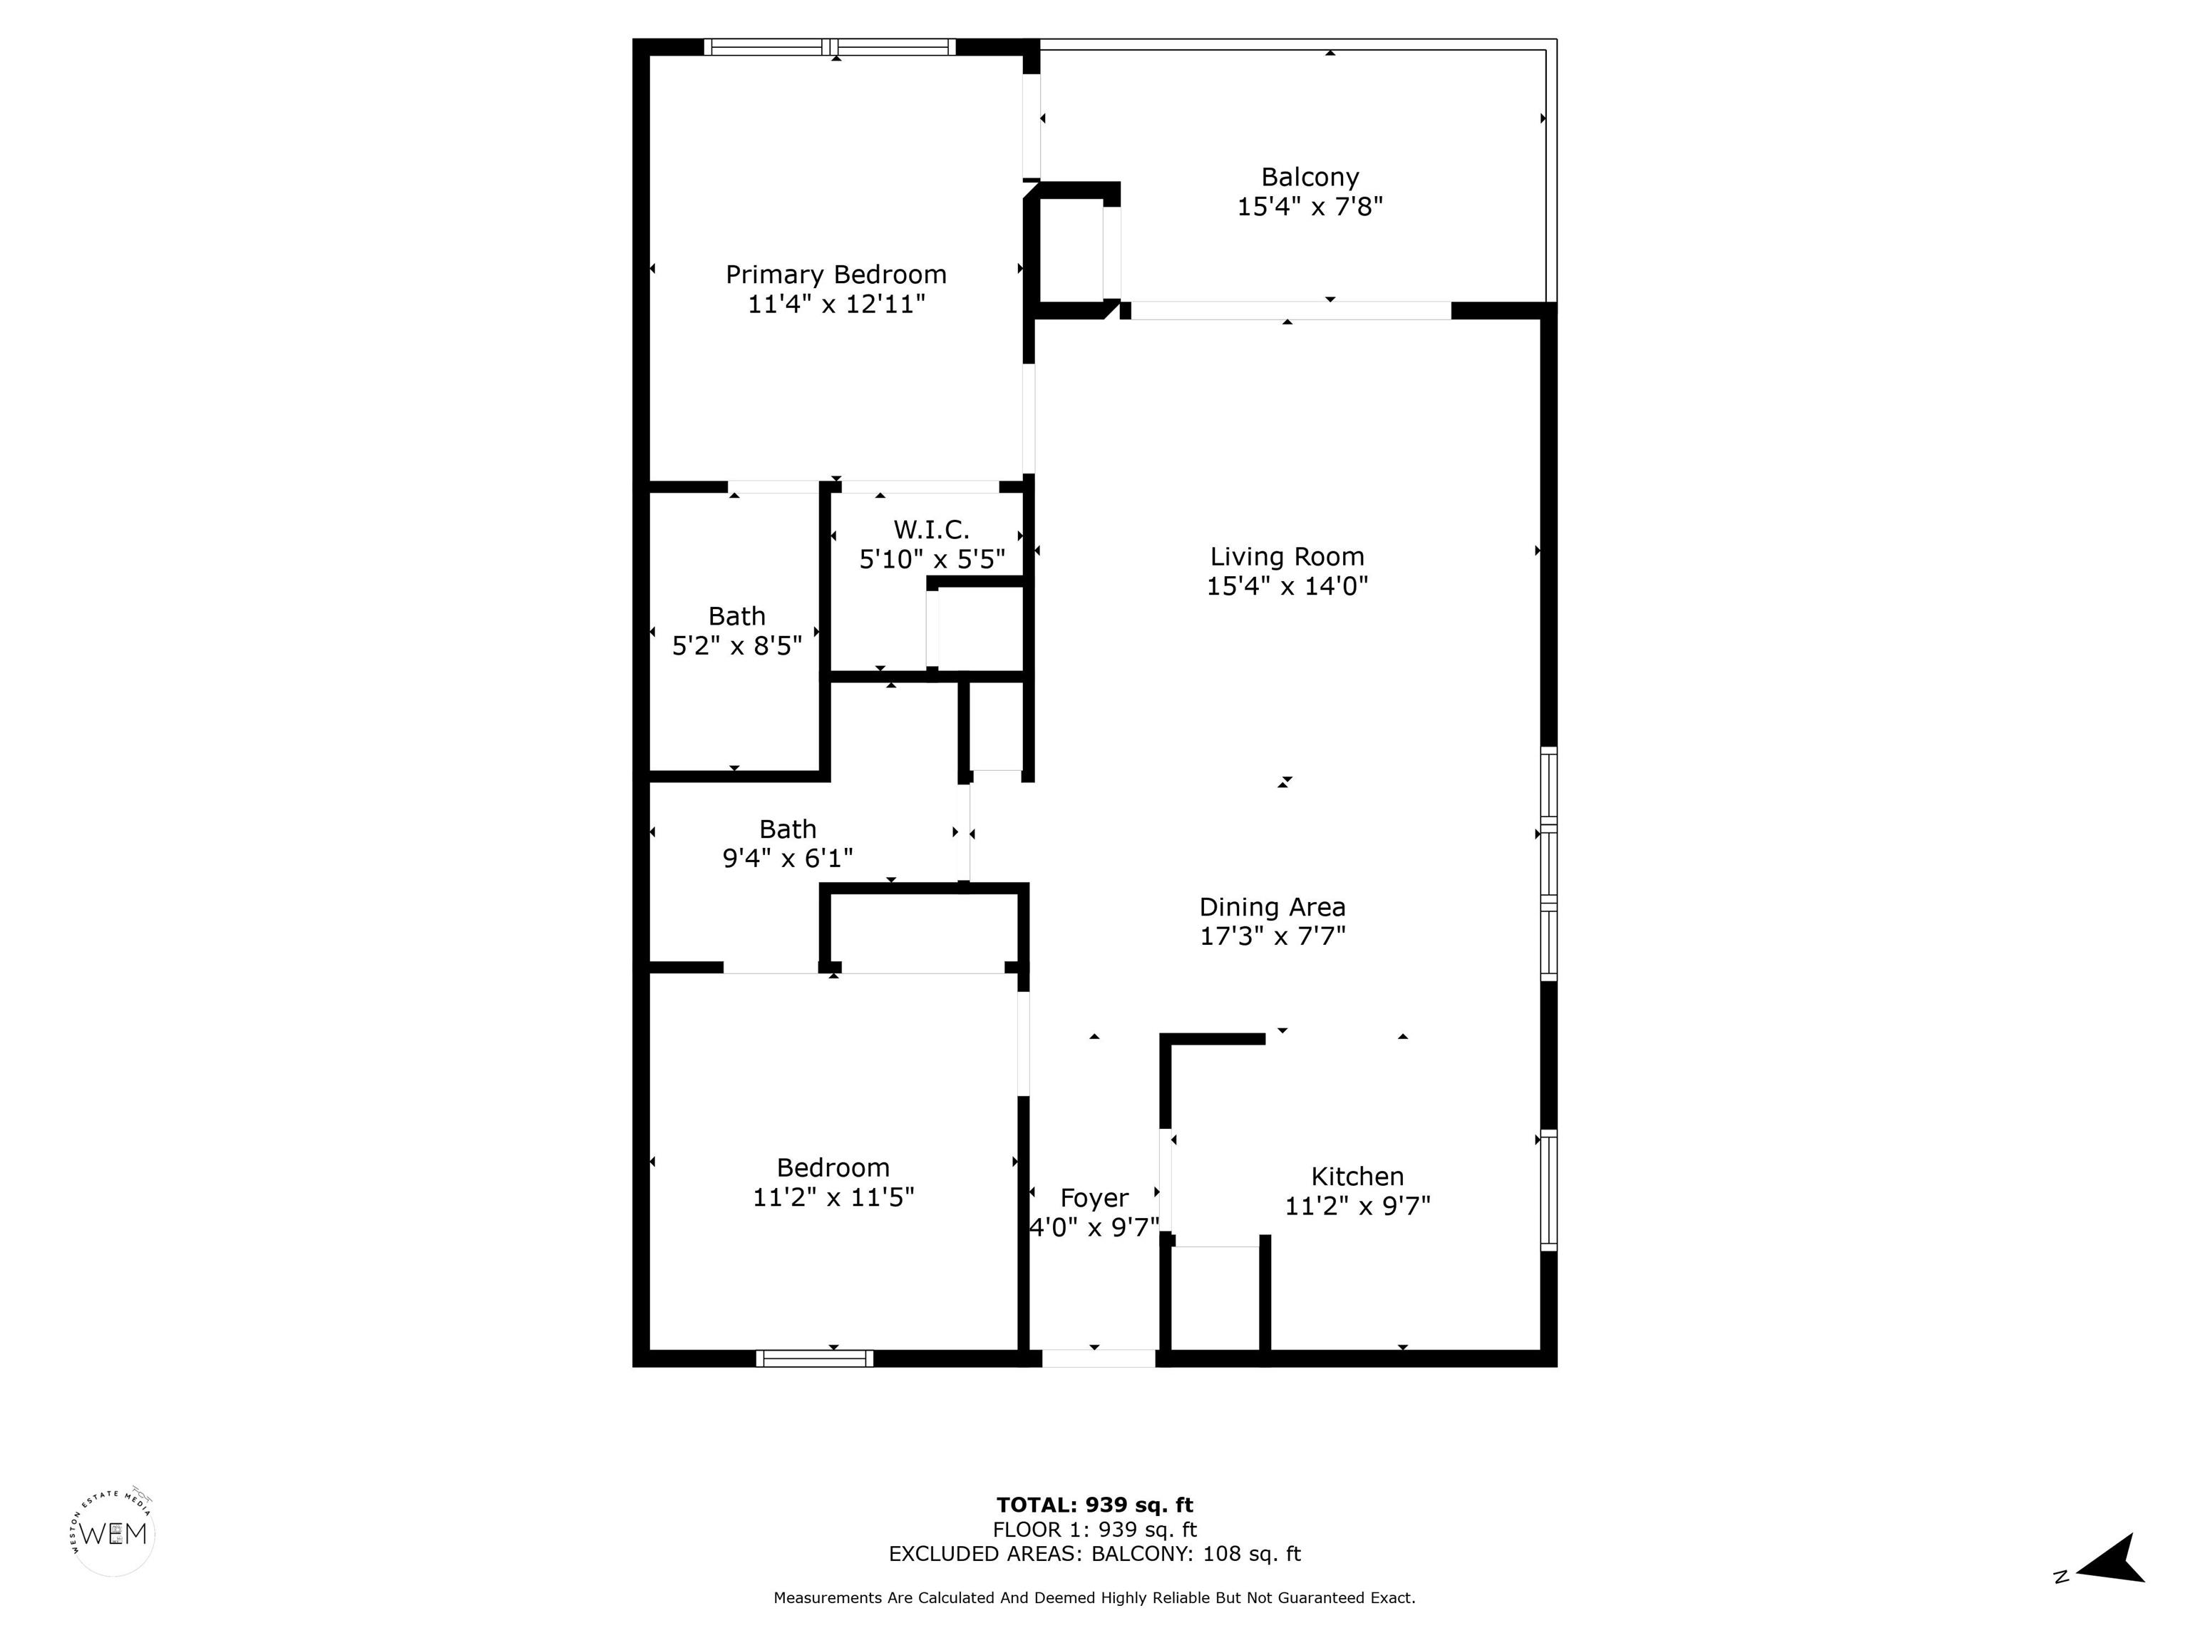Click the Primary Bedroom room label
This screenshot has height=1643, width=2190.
click(x=836, y=275)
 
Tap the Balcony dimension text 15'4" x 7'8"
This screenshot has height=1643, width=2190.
click(x=1310, y=206)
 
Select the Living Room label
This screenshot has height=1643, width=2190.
click(x=1287, y=556)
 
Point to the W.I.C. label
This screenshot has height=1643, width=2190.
click(x=932, y=530)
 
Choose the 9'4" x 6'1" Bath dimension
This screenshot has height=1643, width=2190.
click(x=788, y=859)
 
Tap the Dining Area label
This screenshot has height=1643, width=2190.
click(x=1273, y=907)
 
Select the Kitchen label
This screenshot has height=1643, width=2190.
click(x=1357, y=1177)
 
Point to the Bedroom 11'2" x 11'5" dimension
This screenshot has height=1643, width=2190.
click(x=833, y=1197)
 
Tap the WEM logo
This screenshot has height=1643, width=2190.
click(x=114, y=1534)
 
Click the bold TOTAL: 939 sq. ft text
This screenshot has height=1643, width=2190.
click(x=1095, y=1506)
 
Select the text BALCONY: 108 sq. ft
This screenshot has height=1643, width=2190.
click(x=1196, y=1554)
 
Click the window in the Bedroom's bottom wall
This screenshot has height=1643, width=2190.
click(x=815, y=1358)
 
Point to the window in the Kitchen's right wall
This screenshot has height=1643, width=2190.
click(x=1548, y=1190)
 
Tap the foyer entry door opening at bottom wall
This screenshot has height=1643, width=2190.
click(x=1098, y=1358)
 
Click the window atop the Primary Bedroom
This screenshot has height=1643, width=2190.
click(x=830, y=46)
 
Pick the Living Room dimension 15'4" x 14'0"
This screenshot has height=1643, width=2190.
click(x=1287, y=586)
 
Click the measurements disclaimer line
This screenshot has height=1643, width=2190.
click(x=1095, y=1597)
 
